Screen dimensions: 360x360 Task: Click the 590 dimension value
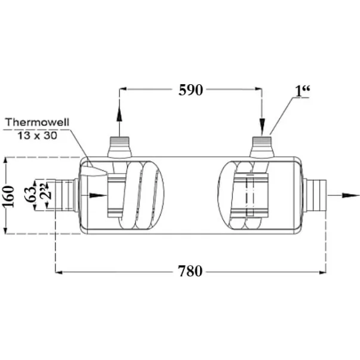pos(191,90)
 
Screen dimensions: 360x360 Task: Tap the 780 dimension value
pos(190,271)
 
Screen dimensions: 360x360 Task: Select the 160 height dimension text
pos(9,196)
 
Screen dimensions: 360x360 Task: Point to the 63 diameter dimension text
pos(31,194)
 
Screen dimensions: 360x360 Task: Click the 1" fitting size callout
pos(303,91)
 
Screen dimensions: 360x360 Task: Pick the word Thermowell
pos(37,122)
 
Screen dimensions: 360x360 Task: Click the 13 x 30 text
pos(37,136)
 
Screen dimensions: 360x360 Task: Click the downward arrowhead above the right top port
pos(262,126)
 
